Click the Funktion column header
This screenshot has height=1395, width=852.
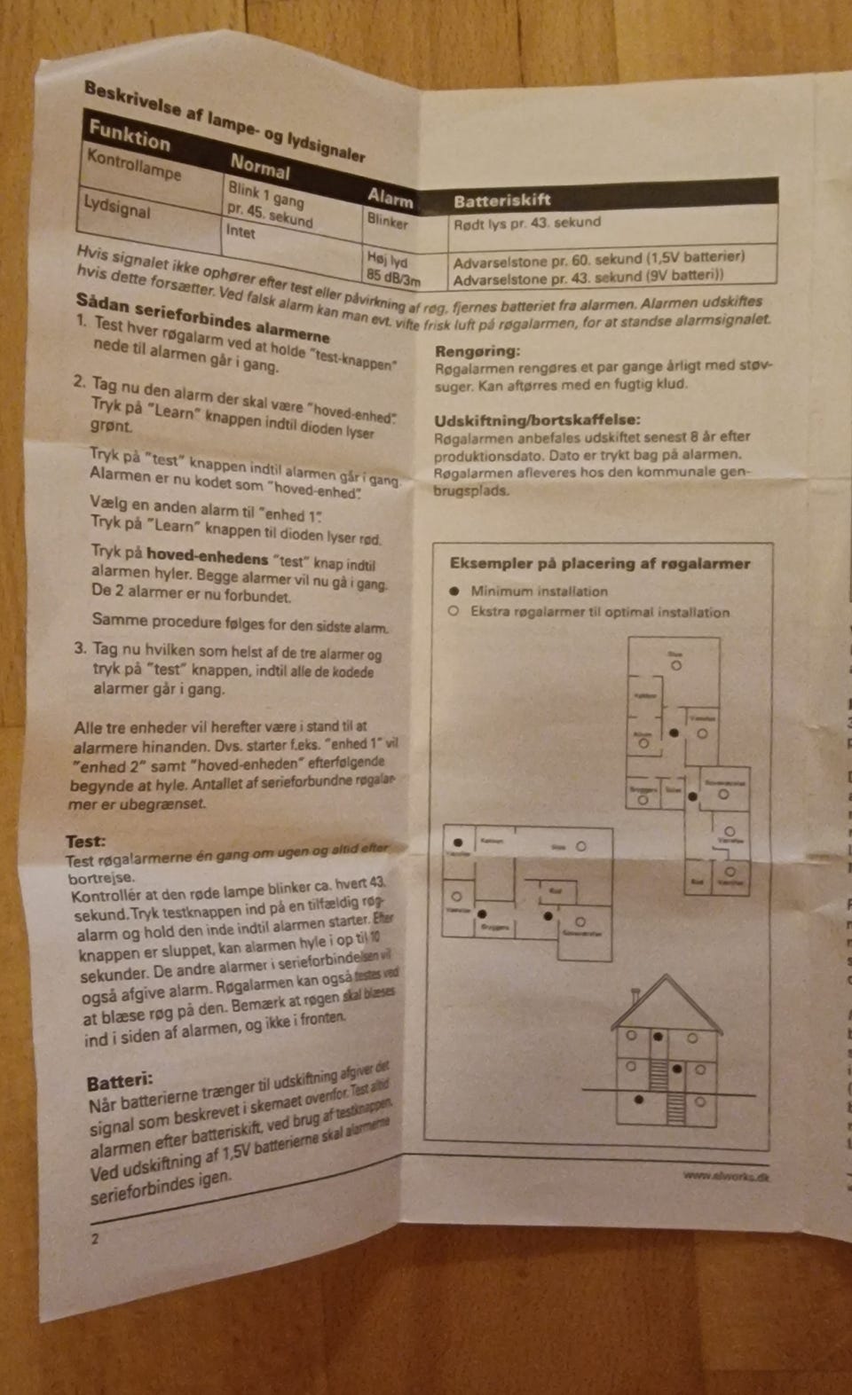[130, 138]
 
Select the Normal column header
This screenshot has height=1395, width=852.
[260, 166]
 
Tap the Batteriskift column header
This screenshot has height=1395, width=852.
[502, 200]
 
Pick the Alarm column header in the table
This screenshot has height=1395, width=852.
[390, 198]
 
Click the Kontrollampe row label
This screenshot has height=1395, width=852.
[133, 164]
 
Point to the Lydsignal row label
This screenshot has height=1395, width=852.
[116, 207]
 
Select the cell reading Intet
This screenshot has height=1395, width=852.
[241, 231]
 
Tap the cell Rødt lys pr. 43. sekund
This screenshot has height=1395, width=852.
[527, 223]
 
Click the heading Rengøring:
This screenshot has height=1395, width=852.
[477, 351]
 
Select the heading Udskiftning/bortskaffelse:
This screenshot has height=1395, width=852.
[537, 420]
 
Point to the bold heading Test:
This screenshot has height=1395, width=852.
[85, 841]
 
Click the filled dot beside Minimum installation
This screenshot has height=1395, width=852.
[454, 591]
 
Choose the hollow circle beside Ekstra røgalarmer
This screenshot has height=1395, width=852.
[454, 611]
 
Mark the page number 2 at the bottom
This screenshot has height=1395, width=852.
[94, 1239]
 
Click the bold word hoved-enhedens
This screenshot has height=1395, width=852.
[207, 558]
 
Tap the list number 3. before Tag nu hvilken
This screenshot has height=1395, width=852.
[81, 648]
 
